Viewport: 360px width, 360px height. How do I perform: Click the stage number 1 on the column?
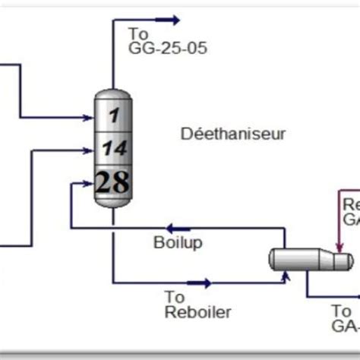coord(114,115)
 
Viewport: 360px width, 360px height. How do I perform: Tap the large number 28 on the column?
coord(112,182)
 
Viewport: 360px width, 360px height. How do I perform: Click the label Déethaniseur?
coord(233,135)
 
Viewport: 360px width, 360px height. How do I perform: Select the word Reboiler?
coord(197,312)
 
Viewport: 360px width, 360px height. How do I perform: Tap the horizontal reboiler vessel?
coord(304,260)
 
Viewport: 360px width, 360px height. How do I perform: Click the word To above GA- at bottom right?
coord(342,311)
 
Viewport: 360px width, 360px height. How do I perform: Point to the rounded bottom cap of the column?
coord(113,203)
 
